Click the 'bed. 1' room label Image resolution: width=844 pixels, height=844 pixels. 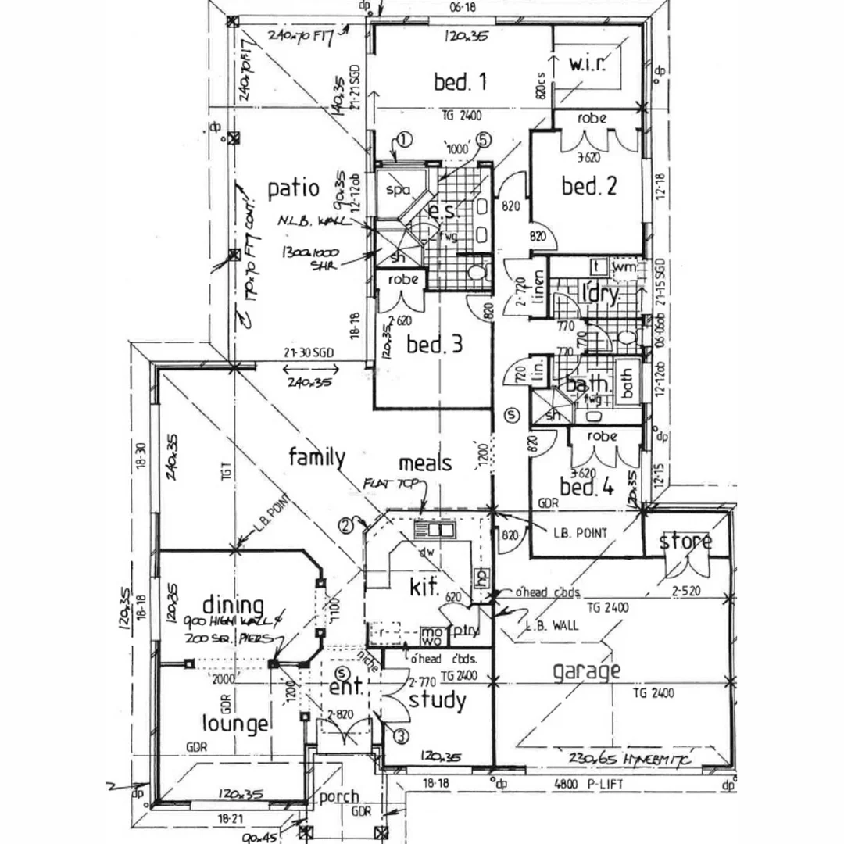pyautogui.click(x=461, y=81)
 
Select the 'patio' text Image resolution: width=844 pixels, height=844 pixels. pyautogui.click(x=293, y=188)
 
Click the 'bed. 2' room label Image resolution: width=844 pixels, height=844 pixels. pyautogui.click(x=589, y=186)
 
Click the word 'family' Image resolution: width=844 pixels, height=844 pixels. pyautogui.click(x=316, y=457)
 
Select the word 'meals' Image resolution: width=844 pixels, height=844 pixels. pyautogui.click(x=425, y=463)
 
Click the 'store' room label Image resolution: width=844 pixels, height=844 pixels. pyautogui.click(x=685, y=542)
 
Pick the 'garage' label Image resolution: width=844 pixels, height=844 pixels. pyautogui.click(x=586, y=671)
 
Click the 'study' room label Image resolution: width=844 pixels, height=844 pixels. pyautogui.click(x=438, y=701)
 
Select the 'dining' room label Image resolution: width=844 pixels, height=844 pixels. pyautogui.click(x=231, y=606)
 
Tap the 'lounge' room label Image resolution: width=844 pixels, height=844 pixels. pyautogui.click(x=235, y=724)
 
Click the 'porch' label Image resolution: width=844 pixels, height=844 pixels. pyautogui.click(x=339, y=797)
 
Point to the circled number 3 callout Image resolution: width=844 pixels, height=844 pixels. pyautogui.click(x=400, y=735)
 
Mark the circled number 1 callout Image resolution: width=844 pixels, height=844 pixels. pyautogui.click(x=403, y=140)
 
